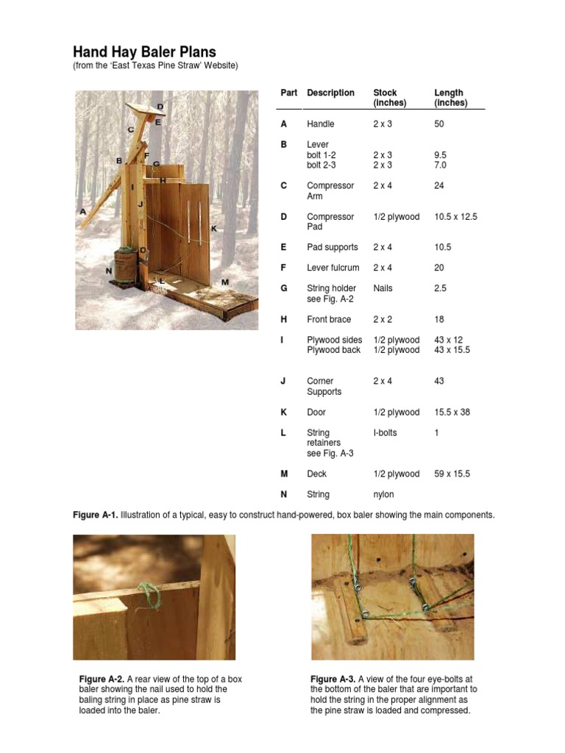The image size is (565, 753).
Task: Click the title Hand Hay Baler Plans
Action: click(x=144, y=52)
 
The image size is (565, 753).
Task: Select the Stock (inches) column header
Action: click(x=385, y=98)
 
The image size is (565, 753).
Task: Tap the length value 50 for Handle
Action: click(x=440, y=124)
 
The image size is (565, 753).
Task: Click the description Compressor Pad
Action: click(x=330, y=221)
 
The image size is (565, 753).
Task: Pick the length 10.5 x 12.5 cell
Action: click(x=456, y=217)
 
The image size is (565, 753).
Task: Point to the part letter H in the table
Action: click(x=284, y=319)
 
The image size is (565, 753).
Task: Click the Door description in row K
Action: click(x=316, y=413)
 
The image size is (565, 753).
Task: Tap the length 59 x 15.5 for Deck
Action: click(x=452, y=474)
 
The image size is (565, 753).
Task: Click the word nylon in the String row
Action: click(x=384, y=495)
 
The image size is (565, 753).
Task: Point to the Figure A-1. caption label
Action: click(x=95, y=515)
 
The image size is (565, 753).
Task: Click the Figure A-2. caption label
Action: click(x=102, y=679)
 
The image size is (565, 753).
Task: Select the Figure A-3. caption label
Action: click(x=333, y=679)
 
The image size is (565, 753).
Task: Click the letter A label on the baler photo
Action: click(x=82, y=211)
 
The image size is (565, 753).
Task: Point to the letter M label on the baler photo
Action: click(x=224, y=282)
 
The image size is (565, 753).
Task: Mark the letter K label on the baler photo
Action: click(x=214, y=229)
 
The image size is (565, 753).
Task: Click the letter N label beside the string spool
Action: click(x=109, y=270)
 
